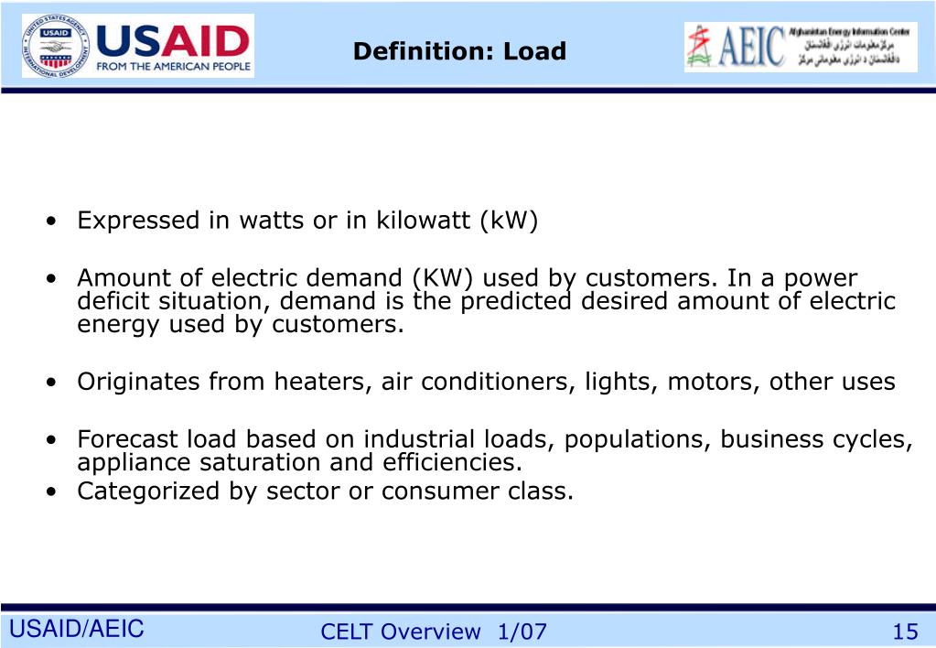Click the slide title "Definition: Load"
tap(459, 51)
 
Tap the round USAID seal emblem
tap(56, 46)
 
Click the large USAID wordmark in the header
tap(172, 40)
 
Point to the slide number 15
tap(905, 632)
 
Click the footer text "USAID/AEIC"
tap(77, 629)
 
